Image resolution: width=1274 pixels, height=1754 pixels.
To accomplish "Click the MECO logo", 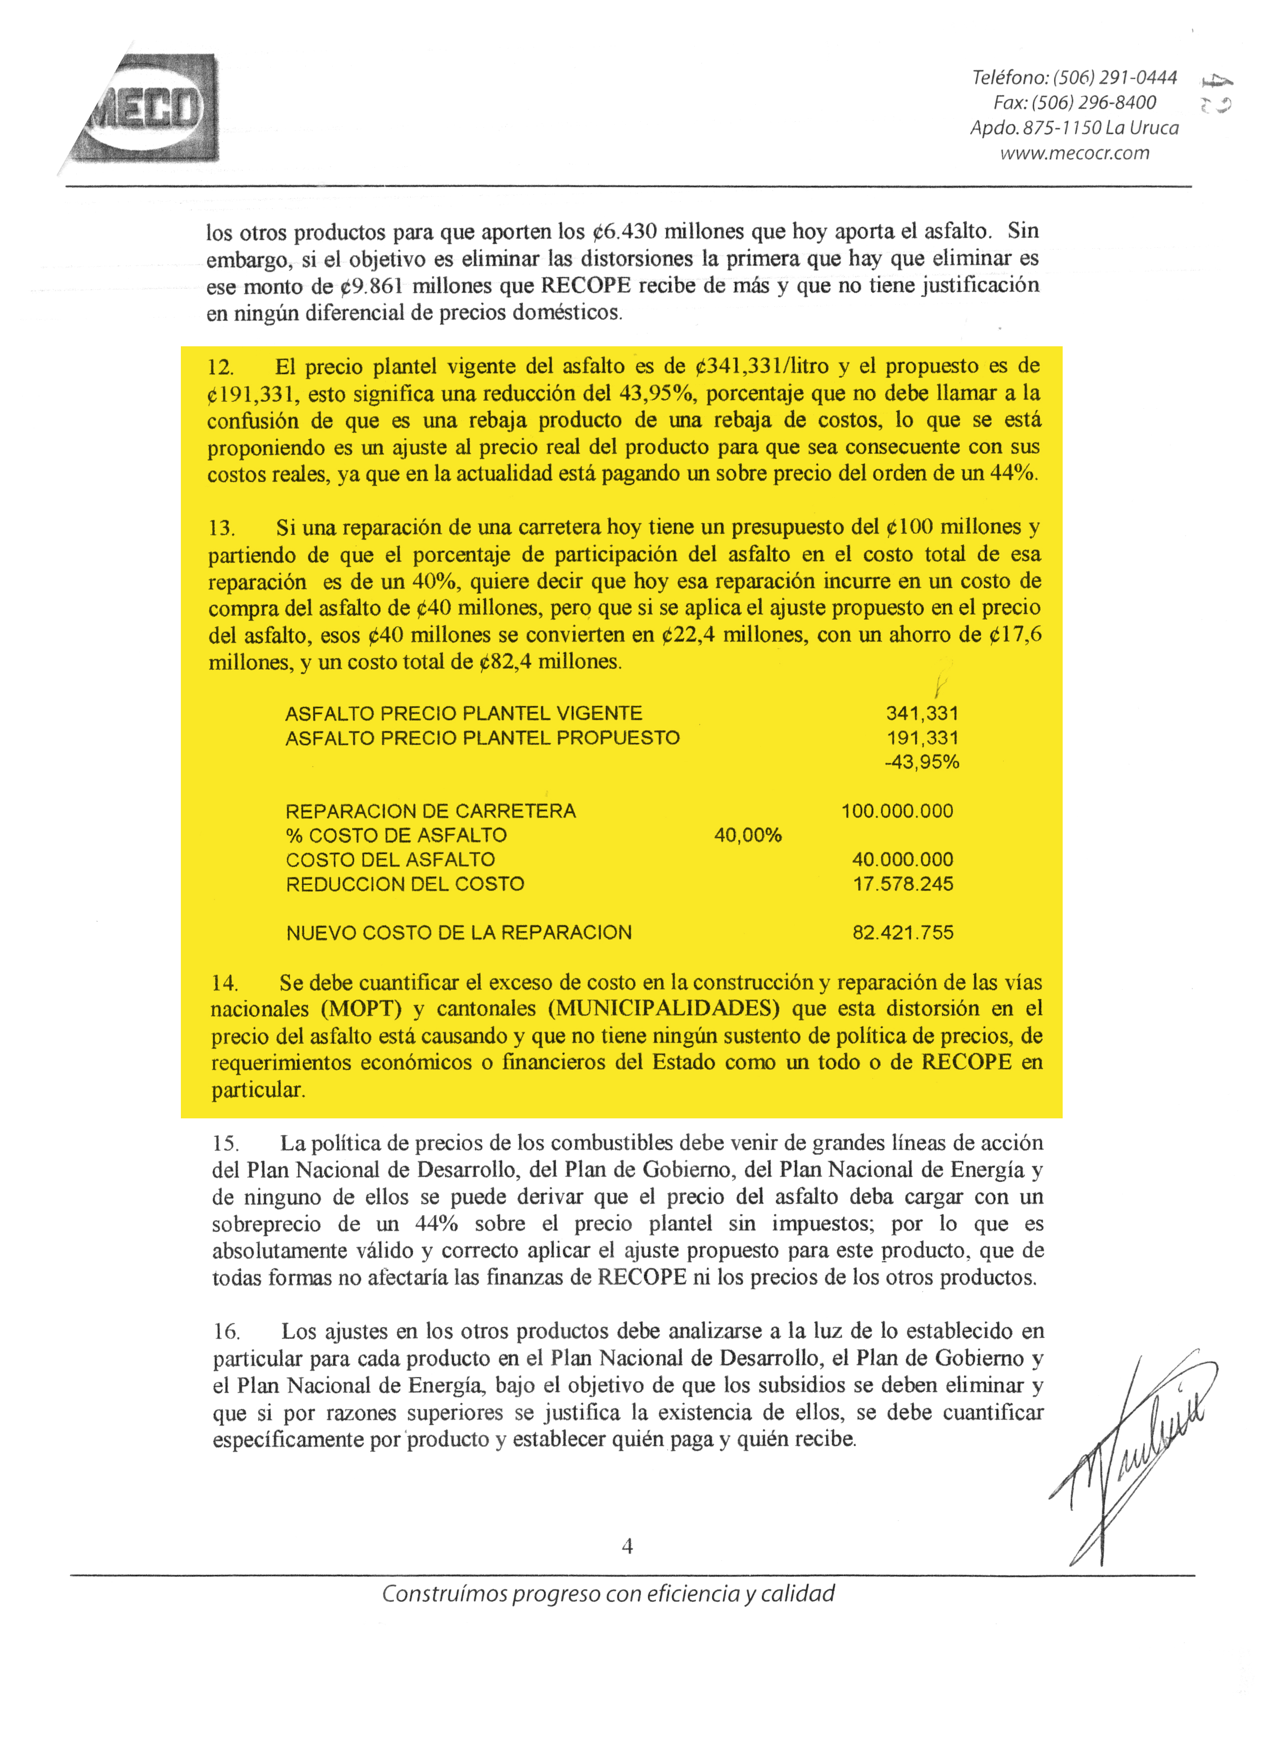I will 147,108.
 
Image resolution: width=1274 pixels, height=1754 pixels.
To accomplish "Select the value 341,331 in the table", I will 921,713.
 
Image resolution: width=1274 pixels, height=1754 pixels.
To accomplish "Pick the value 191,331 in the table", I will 921,738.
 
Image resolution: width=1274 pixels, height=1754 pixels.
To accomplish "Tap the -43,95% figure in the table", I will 921,762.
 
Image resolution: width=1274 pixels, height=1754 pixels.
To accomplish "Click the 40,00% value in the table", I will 747,835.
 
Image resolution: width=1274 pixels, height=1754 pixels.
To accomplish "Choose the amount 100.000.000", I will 897,811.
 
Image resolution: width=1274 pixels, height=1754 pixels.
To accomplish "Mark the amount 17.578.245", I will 902,884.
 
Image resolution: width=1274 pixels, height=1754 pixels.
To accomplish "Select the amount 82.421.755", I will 902,932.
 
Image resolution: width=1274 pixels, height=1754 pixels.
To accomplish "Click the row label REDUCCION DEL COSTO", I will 405,884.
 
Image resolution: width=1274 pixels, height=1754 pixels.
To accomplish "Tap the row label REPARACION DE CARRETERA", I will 431,811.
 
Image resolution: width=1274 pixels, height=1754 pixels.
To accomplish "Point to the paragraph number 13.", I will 221,528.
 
